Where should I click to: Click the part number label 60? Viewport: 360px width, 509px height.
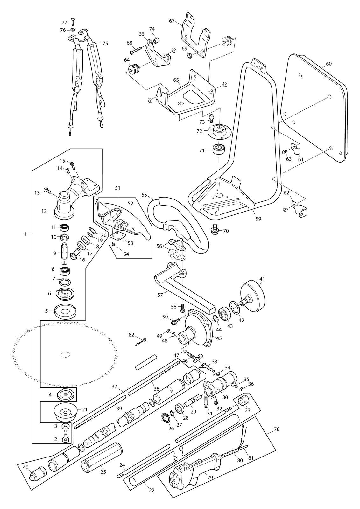[328, 64]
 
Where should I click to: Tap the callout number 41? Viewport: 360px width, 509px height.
[262, 279]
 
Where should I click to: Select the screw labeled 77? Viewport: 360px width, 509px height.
[73, 22]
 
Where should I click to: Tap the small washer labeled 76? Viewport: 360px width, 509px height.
[72, 30]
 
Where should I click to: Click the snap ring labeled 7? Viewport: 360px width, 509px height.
[65, 282]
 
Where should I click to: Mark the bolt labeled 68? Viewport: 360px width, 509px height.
[136, 50]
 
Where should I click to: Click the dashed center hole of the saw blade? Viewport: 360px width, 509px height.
[66, 354]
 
